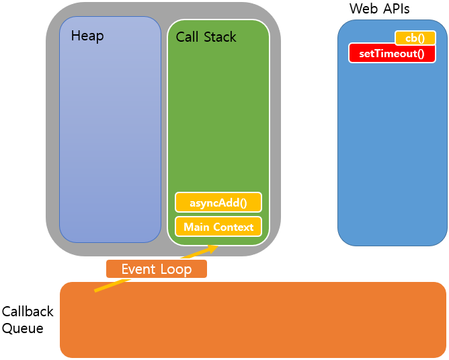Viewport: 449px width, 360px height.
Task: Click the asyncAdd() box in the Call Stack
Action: (x=218, y=202)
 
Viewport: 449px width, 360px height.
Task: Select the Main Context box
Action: (x=218, y=227)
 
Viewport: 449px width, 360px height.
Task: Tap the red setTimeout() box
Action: (x=392, y=53)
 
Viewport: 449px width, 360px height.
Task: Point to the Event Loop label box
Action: (x=157, y=269)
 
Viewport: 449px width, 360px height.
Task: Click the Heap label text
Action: (x=87, y=36)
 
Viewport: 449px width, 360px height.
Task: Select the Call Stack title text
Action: (x=206, y=37)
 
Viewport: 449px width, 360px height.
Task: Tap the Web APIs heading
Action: (x=379, y=9)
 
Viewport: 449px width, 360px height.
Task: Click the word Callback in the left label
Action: (x=28, y=312)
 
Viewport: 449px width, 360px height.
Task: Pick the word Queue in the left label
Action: (x=22, y=328)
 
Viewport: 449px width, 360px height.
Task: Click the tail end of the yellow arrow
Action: (x=95, y=291)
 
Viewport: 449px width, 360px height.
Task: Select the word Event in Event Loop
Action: (x=138, y=269)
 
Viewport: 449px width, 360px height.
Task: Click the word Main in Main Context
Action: (x=196, y=227)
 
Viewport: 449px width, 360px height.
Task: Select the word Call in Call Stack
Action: (x=188, y=37)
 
